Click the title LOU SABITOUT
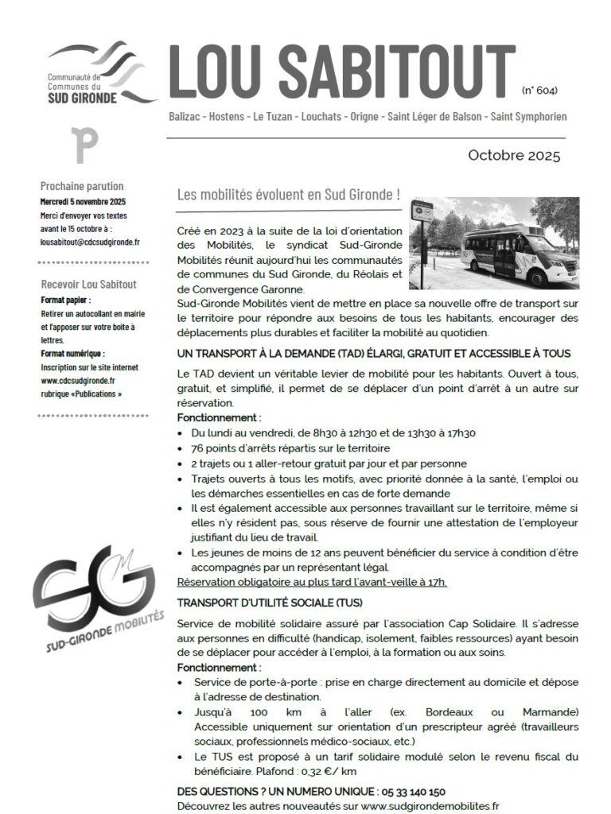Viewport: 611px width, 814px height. coord(342,72)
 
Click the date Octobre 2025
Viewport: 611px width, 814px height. coord(513,154)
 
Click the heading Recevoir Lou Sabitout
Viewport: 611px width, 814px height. coord(88,285)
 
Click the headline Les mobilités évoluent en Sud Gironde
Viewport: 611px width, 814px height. coord(288,195)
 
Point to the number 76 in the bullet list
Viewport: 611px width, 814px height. coord(198,448)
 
